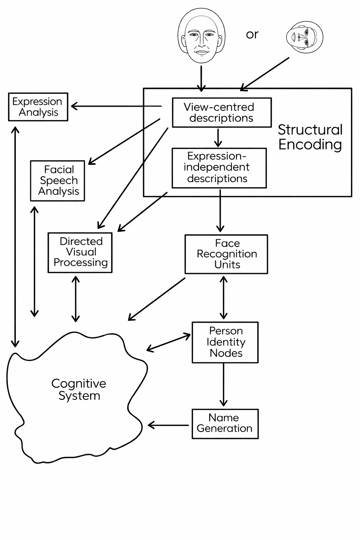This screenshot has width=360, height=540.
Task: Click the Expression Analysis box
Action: click(x=38, y=107)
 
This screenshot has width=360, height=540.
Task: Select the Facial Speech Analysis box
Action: click(x=58, y=181)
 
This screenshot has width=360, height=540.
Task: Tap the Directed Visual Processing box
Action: click(x=80, y=252)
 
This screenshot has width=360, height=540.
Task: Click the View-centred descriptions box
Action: click(x=221, y=112)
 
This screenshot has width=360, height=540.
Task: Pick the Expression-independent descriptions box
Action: click(x=219, y=168)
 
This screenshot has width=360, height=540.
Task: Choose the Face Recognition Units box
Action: click(x=226, y=254)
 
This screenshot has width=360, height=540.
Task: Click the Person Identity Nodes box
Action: click(x=225, y=342)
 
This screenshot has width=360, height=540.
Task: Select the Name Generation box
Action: click(x=225, y=423)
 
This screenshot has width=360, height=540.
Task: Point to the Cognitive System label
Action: click(x=79, y=390)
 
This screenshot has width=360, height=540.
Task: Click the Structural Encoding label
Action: click(x=310, y=137)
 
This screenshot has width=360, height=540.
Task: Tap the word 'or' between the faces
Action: click(x=252, y=34)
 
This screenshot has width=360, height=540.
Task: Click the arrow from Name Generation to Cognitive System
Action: click(x=168, y=425)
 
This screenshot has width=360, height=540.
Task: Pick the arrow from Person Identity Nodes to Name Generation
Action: click(x=224, y=385)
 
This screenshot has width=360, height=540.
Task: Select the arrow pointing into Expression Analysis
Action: click(x=116, y=106)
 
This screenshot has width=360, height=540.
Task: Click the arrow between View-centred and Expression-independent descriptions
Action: click(x=218, y=137)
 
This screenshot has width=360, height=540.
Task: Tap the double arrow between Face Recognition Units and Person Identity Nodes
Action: click(x=224, y=297)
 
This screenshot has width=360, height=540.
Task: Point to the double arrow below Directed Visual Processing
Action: click(x=76, y=299)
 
